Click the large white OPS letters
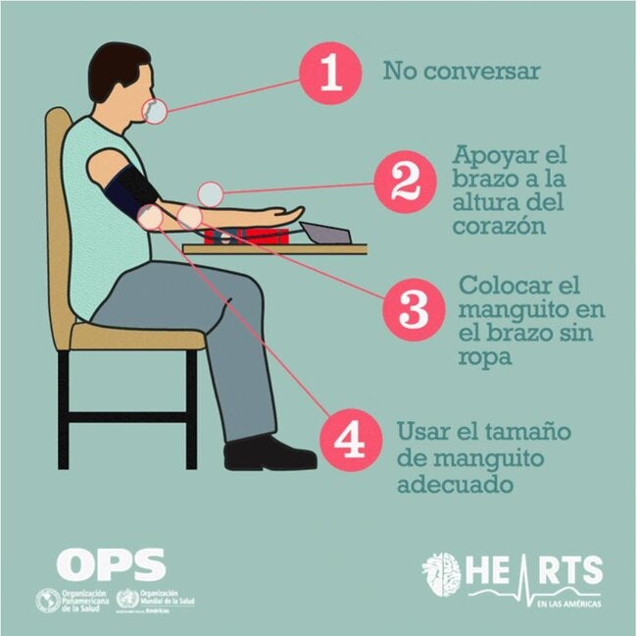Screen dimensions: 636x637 [111, 564]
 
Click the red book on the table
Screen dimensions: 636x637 [251, 236]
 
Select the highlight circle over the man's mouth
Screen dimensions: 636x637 [156, 112]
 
